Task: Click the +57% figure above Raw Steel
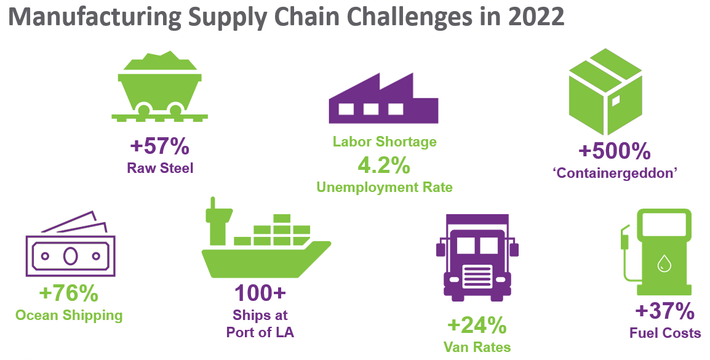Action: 160,147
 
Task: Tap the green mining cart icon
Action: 159,86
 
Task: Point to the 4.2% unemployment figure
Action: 385,164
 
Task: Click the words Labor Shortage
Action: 385,142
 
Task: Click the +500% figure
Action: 615,151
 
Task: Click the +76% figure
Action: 68,294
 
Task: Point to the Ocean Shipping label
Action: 69,316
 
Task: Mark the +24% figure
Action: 477,324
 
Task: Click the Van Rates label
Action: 477,347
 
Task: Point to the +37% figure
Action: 664,311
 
